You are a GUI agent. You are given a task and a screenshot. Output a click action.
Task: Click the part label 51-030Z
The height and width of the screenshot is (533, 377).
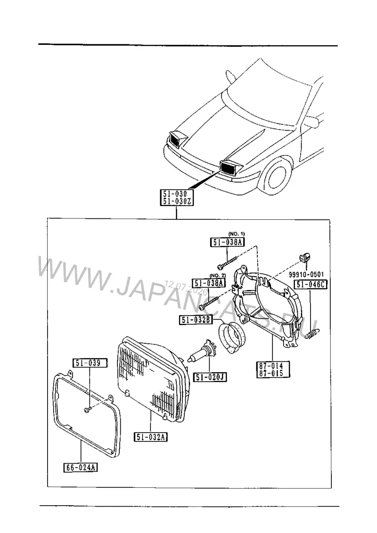coord(177,201)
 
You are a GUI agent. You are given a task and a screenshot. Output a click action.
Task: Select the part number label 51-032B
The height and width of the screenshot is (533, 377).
coord(195,319)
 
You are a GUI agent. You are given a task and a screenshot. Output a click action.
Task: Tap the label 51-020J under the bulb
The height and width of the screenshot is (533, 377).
coord(210,377)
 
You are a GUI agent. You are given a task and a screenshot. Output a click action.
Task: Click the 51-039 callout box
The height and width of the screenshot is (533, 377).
coord(90,363)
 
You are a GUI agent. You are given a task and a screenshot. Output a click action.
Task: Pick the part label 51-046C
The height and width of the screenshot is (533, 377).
coord(311,284)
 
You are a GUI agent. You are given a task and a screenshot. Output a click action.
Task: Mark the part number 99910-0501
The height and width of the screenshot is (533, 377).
coord(306,275)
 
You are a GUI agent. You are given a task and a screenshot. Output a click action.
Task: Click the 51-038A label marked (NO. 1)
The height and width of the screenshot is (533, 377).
coord(227,242)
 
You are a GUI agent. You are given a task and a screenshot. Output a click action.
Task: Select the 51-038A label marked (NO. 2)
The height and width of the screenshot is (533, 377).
coord(209,283)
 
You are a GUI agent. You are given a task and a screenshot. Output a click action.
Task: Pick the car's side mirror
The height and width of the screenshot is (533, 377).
coord(311,121)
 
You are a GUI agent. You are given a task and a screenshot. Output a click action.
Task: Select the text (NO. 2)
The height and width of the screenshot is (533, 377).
coord(217,275)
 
